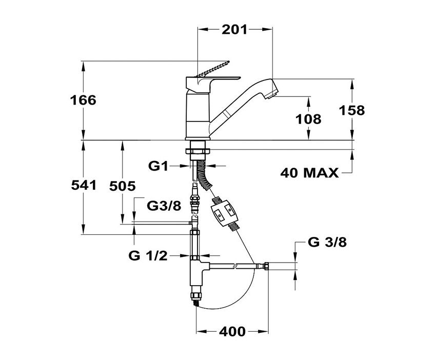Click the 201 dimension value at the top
pyautogui.click(x=234, y=29)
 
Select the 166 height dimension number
pyautogui.click(x=83, y=100)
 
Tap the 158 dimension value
pyautogui.click(x=352, y=110)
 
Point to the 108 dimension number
pyautogui.click(x=308, y=119)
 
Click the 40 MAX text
pyautogui.click(x=309, y=173)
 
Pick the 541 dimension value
pyautogui.click(x=84, y=185)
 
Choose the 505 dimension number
pyautogui.click(x=123, y=186)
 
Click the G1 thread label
pyautogui.click(x=158, y=166)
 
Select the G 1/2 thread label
pyautogui.click(x=148, y=255)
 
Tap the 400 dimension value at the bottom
pyautogui.click(x=232, y=331)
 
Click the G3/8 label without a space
pyautogui.click(x=164, y=206)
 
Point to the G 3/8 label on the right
pyautogui.click(x=327, y=243)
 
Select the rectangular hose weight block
pyautogui.click(x=225, y=214)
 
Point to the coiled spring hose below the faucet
pyautogui.click(x=204, y=175)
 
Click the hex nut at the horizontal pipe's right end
pyautogui.click(x=266, y=266)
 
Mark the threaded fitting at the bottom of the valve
pyautogui.click(x=196, y=298)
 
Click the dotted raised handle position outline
pyautogui.click(x=213, y=68)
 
